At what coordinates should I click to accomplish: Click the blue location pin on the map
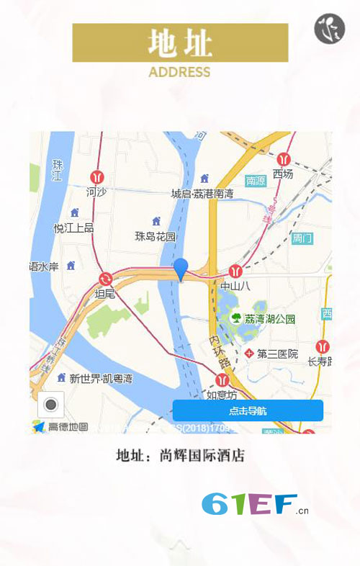(x=181, y=270)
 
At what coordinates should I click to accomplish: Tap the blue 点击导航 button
(x=248, y=410)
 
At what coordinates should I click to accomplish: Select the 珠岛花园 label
(x=156, y=235)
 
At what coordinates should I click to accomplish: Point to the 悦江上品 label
(x=73, y=228)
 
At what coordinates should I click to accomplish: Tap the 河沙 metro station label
(x=96, y=192)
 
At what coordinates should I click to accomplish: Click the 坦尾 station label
(x=105, y=293)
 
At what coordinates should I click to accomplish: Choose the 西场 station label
(x=283, y=174)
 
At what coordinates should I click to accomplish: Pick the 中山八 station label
(x=235, y=286)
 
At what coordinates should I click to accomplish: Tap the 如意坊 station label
(x=221, y=395)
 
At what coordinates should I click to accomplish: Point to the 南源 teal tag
(x=256, y=181)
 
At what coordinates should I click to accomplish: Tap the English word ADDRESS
(x=179, y=72)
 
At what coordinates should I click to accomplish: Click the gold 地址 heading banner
(x=180, y=42)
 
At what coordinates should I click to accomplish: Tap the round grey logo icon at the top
(x=330, y=28)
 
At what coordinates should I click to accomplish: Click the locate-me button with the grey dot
(x=50, y=405)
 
